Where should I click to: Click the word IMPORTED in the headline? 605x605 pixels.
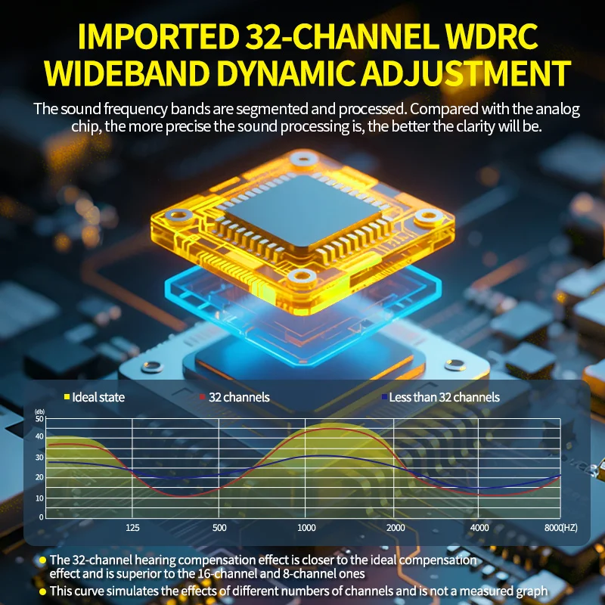pos(159,36)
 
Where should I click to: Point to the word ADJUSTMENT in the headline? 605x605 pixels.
pos(466,73)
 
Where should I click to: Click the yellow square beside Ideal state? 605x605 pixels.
pos(67,396)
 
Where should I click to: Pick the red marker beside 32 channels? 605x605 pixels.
pos(202,396)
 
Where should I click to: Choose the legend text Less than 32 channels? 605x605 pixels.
pos(444,397)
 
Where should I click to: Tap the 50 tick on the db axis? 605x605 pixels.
pos(39,419)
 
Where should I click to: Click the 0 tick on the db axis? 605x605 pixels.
pos(42,517)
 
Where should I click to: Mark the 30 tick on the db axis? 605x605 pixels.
pos(39,458)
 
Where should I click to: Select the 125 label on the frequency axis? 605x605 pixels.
pos(132,527)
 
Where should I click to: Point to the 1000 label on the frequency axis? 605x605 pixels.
pos(306,527)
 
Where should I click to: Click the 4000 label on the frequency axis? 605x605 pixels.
pos(479,527)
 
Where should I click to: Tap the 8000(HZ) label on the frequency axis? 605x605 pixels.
pos(560,527)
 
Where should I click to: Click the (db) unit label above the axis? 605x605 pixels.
pos(40,411)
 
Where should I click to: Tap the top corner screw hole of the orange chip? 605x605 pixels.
pos(303,158)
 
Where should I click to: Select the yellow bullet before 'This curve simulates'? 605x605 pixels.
pos(42,591)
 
